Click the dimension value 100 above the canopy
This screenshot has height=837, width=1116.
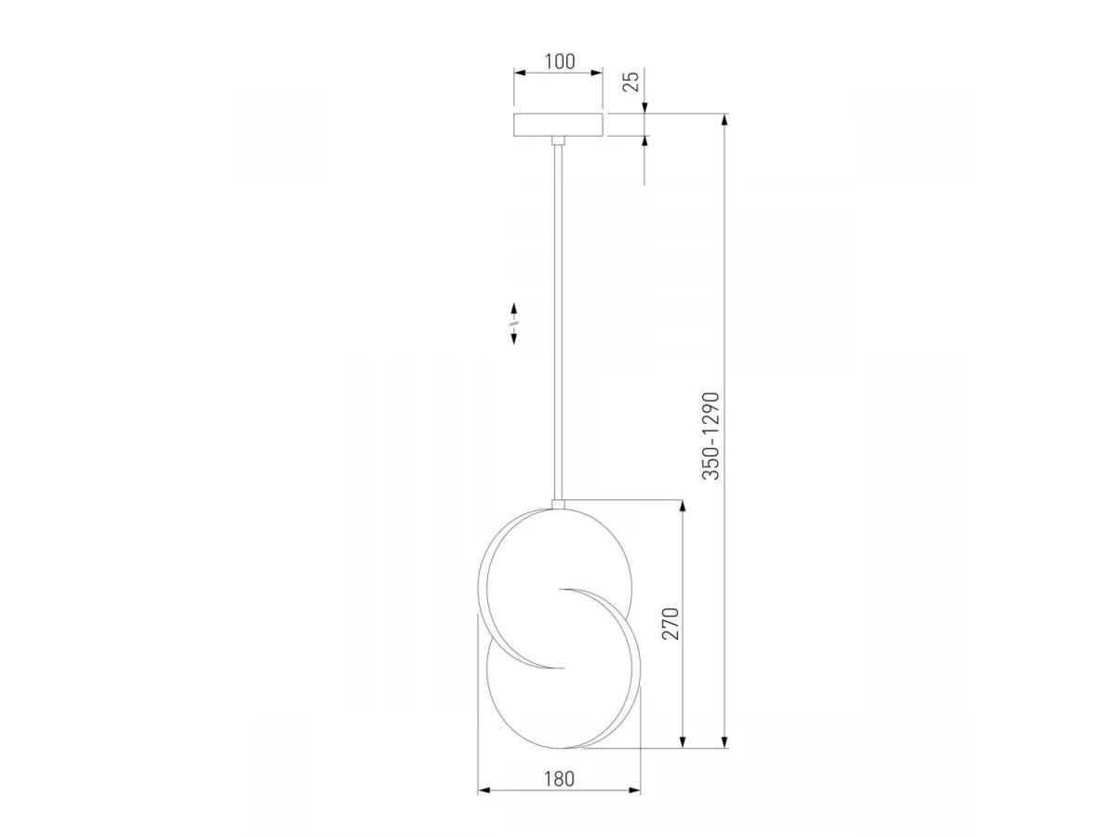pyautogui.click(x=560, y=61)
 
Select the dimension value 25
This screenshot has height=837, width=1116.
pyautogui.click(x=631, y=81)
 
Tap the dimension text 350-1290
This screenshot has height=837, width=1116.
pyautogui.click(x=711, y=436)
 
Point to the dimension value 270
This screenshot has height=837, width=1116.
pyautogui.click(x=671, y=623)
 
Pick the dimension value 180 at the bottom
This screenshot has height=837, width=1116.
pyautogui.click(x=559, y=778)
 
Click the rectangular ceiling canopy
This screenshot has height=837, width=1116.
pyautogui.click(x=558, y=125)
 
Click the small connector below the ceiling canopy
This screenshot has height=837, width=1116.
pyautogui.click(x=558, y=140)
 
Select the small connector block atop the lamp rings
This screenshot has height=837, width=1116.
pyautogui.click(x=558, y=504)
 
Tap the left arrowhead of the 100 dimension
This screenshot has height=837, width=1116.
pyautogui.click(x=520, y=73)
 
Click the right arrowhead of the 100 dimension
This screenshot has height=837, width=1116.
pyautogui.click(x=597, y=73)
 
